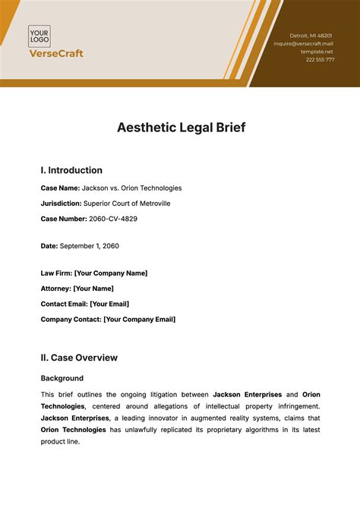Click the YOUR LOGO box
[x=40, y=36]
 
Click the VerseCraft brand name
[x=55, y=54]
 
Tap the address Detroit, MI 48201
[x=311, y=36]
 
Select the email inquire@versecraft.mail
[x=304, y=44]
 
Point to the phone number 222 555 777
[x=320, y=59]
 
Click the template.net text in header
[x=317, y=52]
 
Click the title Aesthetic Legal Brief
[x=180, y=128]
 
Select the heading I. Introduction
[x=71, y=171]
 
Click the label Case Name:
[x=59, y=188]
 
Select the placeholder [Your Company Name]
[x=111, y=273]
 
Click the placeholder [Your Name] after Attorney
[x=93, y=289]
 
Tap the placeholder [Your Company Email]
[x=139, y=320]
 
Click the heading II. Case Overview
[x=79, y=358]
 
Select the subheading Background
[x=62, y=378]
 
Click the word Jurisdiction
[x=61, y=204]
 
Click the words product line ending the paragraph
[x=60, y=443]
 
